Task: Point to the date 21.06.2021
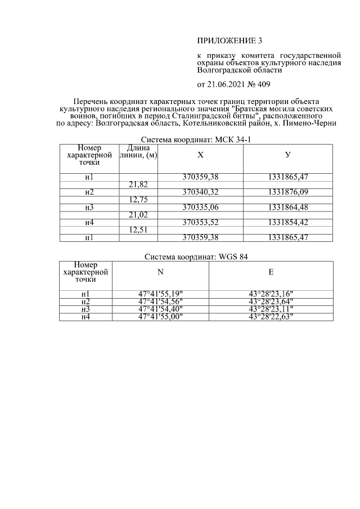(226, 85)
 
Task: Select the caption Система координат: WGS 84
(196, 256)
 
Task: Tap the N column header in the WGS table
(160, 272)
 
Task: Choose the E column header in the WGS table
(271, 272)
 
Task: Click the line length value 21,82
(138, 184)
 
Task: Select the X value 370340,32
(200, 192)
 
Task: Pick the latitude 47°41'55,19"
(160, 294)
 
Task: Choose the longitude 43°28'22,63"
(271, 317)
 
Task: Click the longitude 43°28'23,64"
(271, 301)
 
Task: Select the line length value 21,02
(138, 215)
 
